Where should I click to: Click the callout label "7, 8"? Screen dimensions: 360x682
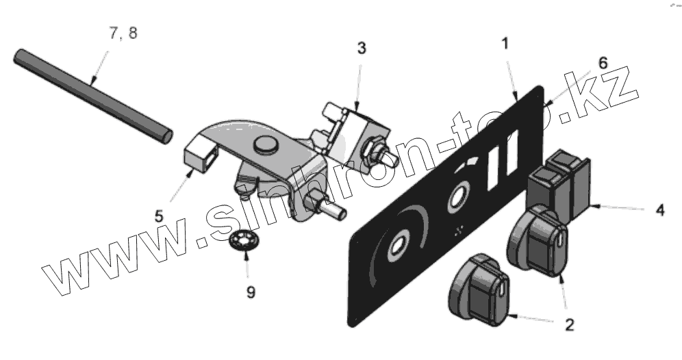[x=123, y=33]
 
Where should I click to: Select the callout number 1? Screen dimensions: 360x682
[x=505, y=44]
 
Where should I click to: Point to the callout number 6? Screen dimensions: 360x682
[x=602, y=62]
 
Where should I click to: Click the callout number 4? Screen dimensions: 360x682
[x=659, y=209]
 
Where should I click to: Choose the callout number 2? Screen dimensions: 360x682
[x=568, y=324]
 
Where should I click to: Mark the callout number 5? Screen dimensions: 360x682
[x=159, y=214]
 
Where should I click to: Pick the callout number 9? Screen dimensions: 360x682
[x=251, y=292]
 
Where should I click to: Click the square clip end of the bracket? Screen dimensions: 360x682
[x=202, y=157]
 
